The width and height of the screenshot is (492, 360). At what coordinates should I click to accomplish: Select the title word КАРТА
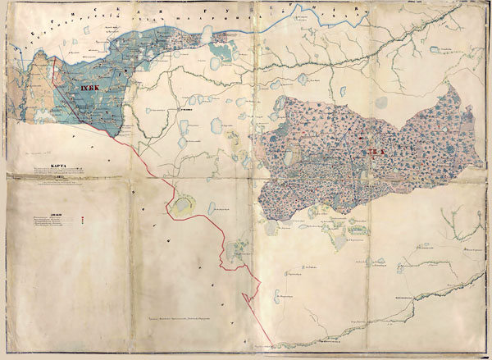tap(57, 166)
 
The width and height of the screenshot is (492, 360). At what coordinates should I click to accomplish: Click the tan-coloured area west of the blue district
tap(41, 90)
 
